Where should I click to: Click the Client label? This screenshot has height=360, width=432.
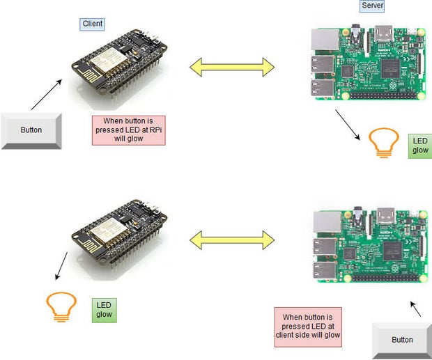pyautogui.click(x=92, y=24)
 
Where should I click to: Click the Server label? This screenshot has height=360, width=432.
pyautogui.click(x=372, y=6)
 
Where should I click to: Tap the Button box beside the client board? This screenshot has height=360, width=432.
pyautogui.click(x=31, y=131)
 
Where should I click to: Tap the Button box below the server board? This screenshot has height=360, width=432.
pyautogui.click(x=402, y=341)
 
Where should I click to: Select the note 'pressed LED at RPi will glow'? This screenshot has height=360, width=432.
pyautogui.click(x=129, y=130)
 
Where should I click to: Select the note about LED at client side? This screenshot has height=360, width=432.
pyautogui.click(x=308, y=327)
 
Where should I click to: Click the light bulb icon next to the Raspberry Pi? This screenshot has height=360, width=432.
pyautogui.click(x=384, y=143)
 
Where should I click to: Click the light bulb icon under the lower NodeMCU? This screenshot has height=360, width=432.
pyautogui.click(x=61, y=307)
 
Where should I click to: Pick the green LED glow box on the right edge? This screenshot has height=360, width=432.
pyautogui.click(x=420, y=146)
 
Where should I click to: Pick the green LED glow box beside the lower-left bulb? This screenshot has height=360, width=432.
pyautogui.click(x=104, y=310)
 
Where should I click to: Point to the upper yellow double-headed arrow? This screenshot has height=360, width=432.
pyautogui.click(x=232, y=67)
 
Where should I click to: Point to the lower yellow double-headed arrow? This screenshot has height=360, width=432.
pyautogui.click(x=232, y=240)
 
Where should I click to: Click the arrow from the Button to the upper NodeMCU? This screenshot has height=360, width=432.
pyautogui.click(x=47, y=95)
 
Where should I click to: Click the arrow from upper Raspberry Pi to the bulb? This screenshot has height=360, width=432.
pyautogui.click(x=348, y=125)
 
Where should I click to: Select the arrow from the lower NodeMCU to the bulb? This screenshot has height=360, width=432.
pyautogui.click(x=61, y=266)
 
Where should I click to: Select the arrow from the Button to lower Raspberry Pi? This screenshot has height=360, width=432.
pyautogui.click(x=415, y=308)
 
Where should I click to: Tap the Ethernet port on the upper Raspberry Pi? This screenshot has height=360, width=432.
pyautogui.click(x=325, y=40)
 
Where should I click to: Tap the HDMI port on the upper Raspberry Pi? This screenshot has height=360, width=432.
pyautogui.click(x=384, y=33)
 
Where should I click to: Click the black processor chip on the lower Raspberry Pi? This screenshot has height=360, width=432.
pyautogui.click(x=392, y=251)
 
